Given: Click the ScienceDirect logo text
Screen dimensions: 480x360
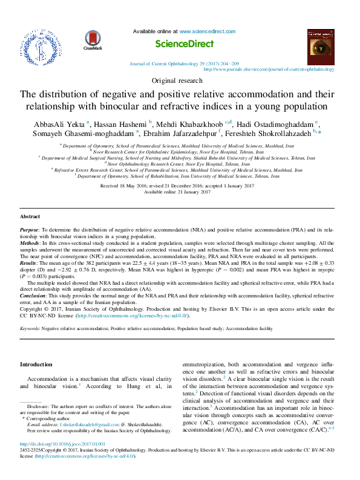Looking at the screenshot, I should click(185, 44).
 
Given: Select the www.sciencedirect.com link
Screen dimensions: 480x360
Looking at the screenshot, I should click(208, 31).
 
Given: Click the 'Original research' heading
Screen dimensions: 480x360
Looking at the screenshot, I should click(180, 80).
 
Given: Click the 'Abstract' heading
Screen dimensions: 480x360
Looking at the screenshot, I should click(30, 216).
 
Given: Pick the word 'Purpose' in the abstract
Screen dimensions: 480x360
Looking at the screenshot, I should click(29, 230).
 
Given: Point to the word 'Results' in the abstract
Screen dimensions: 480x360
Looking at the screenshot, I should click(29, 264).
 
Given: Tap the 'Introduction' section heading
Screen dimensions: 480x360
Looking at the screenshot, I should click(37, 365).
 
